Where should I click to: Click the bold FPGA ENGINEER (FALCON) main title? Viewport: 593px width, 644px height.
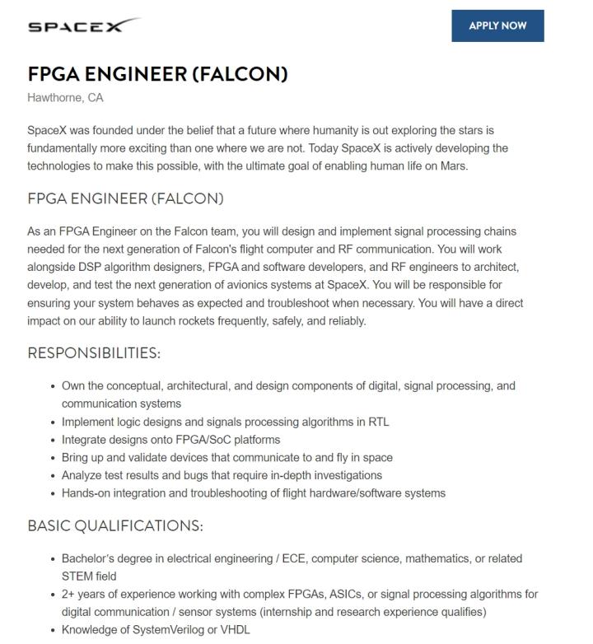pos(157,74)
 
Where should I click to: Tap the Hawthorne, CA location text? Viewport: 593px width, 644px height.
pos(65,98)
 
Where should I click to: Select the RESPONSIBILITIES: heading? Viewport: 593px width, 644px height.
pos(94,353)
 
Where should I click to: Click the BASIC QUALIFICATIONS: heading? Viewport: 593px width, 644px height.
pos(115,525)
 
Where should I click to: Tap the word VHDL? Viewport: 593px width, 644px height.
pos(233,630)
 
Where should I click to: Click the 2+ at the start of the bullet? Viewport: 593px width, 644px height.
pos(69,595)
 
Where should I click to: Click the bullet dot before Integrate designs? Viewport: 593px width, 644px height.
pos(53,440)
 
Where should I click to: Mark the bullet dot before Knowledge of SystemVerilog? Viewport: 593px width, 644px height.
pos(53,630)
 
